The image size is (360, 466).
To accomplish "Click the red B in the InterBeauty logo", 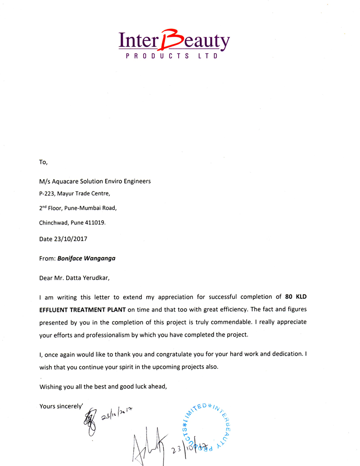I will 173,40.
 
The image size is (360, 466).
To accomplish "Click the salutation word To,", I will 44,162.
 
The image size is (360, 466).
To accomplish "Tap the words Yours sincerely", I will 60,406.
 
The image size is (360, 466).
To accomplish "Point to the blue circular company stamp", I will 207,424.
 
